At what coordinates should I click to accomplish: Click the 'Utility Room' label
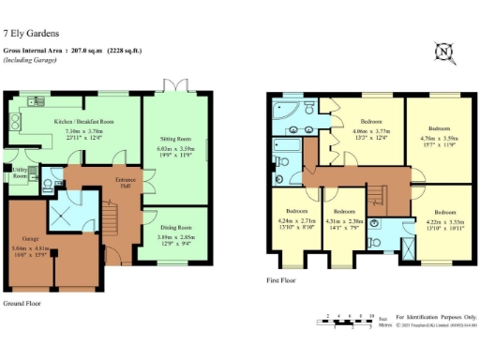point(18,173)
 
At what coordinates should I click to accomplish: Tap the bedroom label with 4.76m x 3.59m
point(439,128)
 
